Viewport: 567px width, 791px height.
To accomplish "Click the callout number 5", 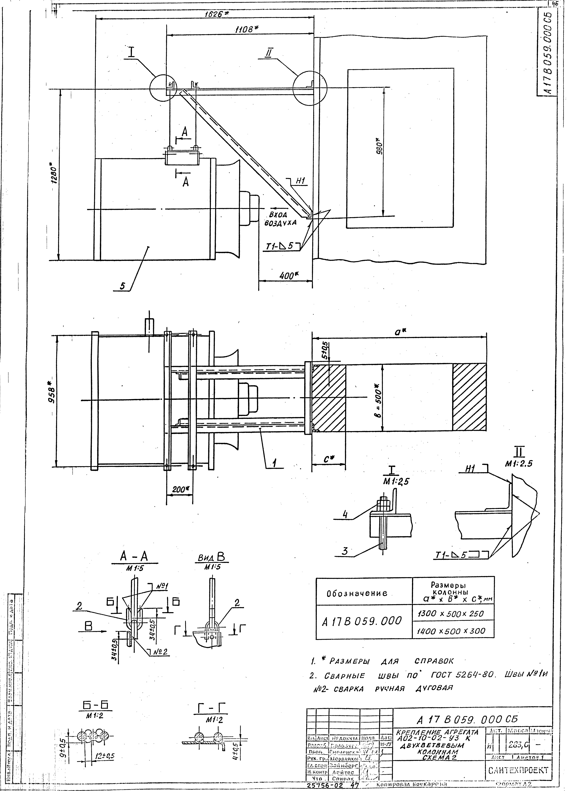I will tap(122, 286).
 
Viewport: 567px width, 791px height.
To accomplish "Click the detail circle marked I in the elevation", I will tap(163, 88).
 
